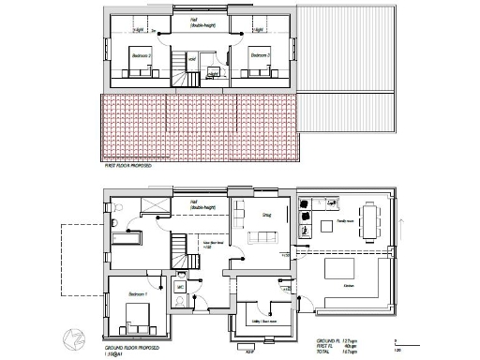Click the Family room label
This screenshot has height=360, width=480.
pyautogui.click(x=342, y=222)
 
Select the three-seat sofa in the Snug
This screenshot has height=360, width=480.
pyautogui.click(x=260, y=243)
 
